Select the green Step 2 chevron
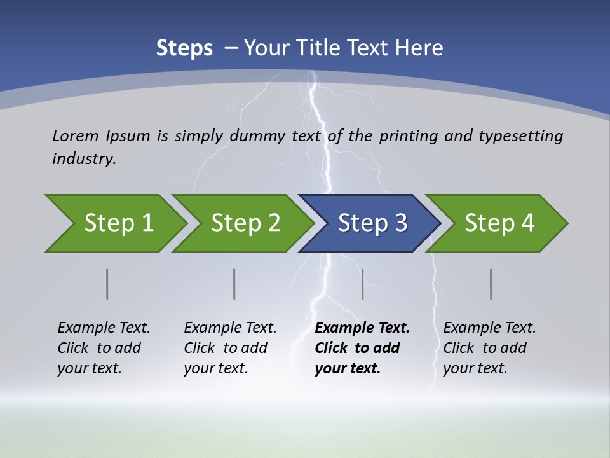tap(245, 223)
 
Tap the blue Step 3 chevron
tap(372, 223)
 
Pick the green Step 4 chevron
tap(499, 223)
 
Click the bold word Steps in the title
tap(184, 48)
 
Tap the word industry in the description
tap(84, 159)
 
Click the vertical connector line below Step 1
tap(107, 284)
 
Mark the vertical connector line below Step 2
tap(234, 284)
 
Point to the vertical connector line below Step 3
tap(363, 284)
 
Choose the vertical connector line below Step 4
tap(491, 284)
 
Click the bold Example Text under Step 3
tap(362, 328)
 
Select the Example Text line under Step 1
tap(104, 328)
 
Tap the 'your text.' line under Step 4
tap(475, 368)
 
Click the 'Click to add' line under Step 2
tap(226, 349)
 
